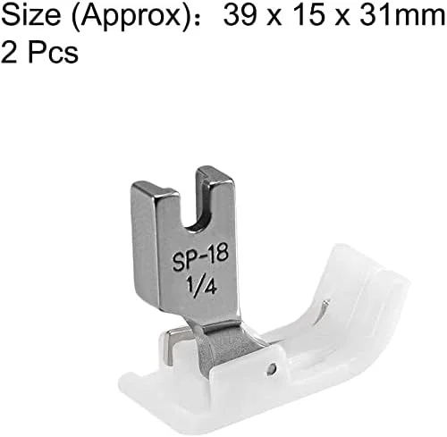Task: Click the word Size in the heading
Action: point(31,16)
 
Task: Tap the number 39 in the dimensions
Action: point(240,16)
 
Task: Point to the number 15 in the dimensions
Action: point(307,16)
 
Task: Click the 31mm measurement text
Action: point(402,16)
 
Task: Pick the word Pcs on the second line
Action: point(53,52)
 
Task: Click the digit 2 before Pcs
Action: point(9,52)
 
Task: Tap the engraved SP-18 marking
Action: point(200,258)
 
